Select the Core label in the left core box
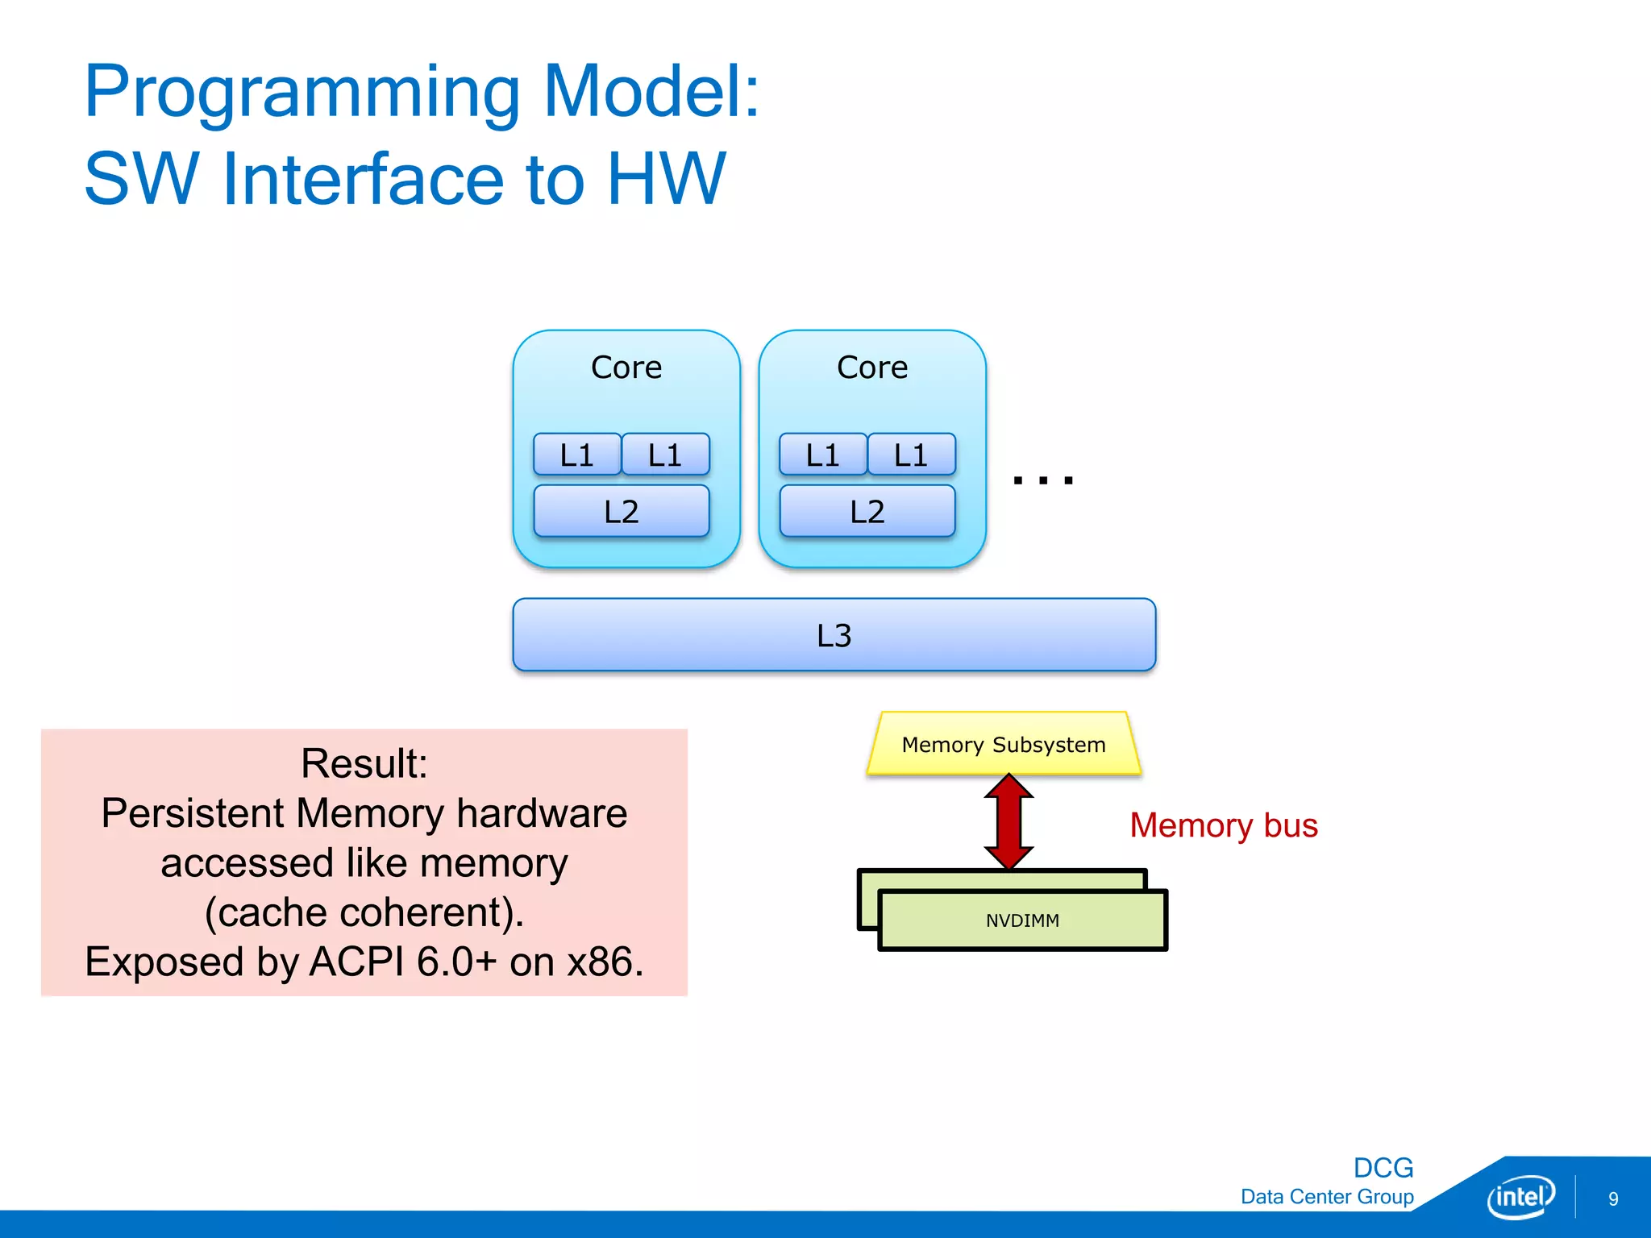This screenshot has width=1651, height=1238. click(x=626, y=368)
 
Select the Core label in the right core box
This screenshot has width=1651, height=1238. click(x=872, y=368)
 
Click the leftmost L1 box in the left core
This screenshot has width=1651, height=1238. click(x=577, y=455)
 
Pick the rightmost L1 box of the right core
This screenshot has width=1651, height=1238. click(x=911, y=455)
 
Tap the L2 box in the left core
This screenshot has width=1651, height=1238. click(x=622, y=511)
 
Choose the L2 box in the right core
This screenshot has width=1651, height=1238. click(x=867, y=511)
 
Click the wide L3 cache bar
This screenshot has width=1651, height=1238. click(x=834, y=635)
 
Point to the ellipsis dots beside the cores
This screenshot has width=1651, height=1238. click(x=1043, y=480)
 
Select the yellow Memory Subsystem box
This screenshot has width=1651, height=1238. click(x=1004, y=744)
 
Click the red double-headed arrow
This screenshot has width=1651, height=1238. click(x=1008, y=822)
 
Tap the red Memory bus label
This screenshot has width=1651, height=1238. click(x=1223, y=825)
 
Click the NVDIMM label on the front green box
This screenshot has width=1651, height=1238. click(x=1022, y=920)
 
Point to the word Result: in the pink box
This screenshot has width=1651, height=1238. click(x=364, y=763)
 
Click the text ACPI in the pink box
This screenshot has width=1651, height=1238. click(x=356, y=962)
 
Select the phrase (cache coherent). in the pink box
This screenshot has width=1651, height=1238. click(x=364, y=912)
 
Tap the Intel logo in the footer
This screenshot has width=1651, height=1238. click(x=1520, y=1197)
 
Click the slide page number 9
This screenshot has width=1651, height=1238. click(x=1613, y=1199)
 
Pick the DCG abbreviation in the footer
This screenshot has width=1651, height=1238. click(x=1383, y=1167)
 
